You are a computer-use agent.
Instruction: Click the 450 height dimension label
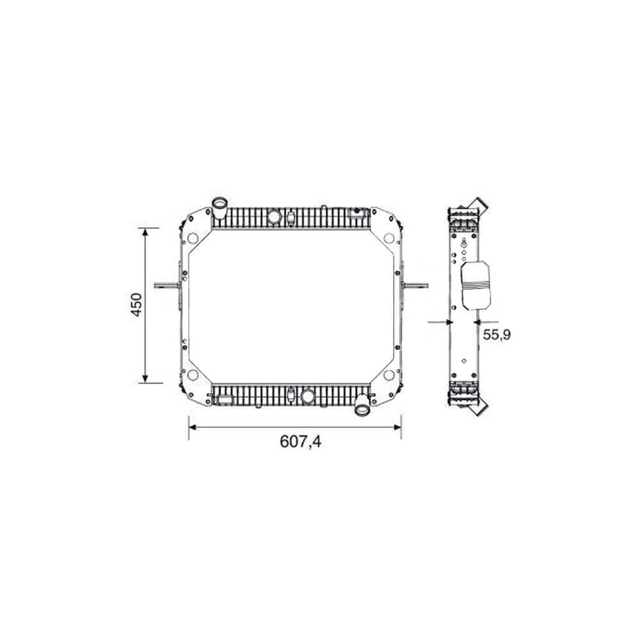pos(136,305)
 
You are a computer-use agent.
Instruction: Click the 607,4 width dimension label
pos(300,442)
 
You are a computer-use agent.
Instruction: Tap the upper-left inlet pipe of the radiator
pos(220,208)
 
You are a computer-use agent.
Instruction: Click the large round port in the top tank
pos(274,217)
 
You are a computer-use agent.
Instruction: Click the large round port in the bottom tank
pos(308,395)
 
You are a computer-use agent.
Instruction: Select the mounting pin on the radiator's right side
pos(415,285)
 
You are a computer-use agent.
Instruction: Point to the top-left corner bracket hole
pos(192,238)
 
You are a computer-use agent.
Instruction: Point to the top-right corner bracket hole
pos(388,238)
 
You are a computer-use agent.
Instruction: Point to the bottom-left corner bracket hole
pos(192,375)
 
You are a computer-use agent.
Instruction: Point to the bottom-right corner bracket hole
pos(388,375)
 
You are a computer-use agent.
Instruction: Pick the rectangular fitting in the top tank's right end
pos(356,213)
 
